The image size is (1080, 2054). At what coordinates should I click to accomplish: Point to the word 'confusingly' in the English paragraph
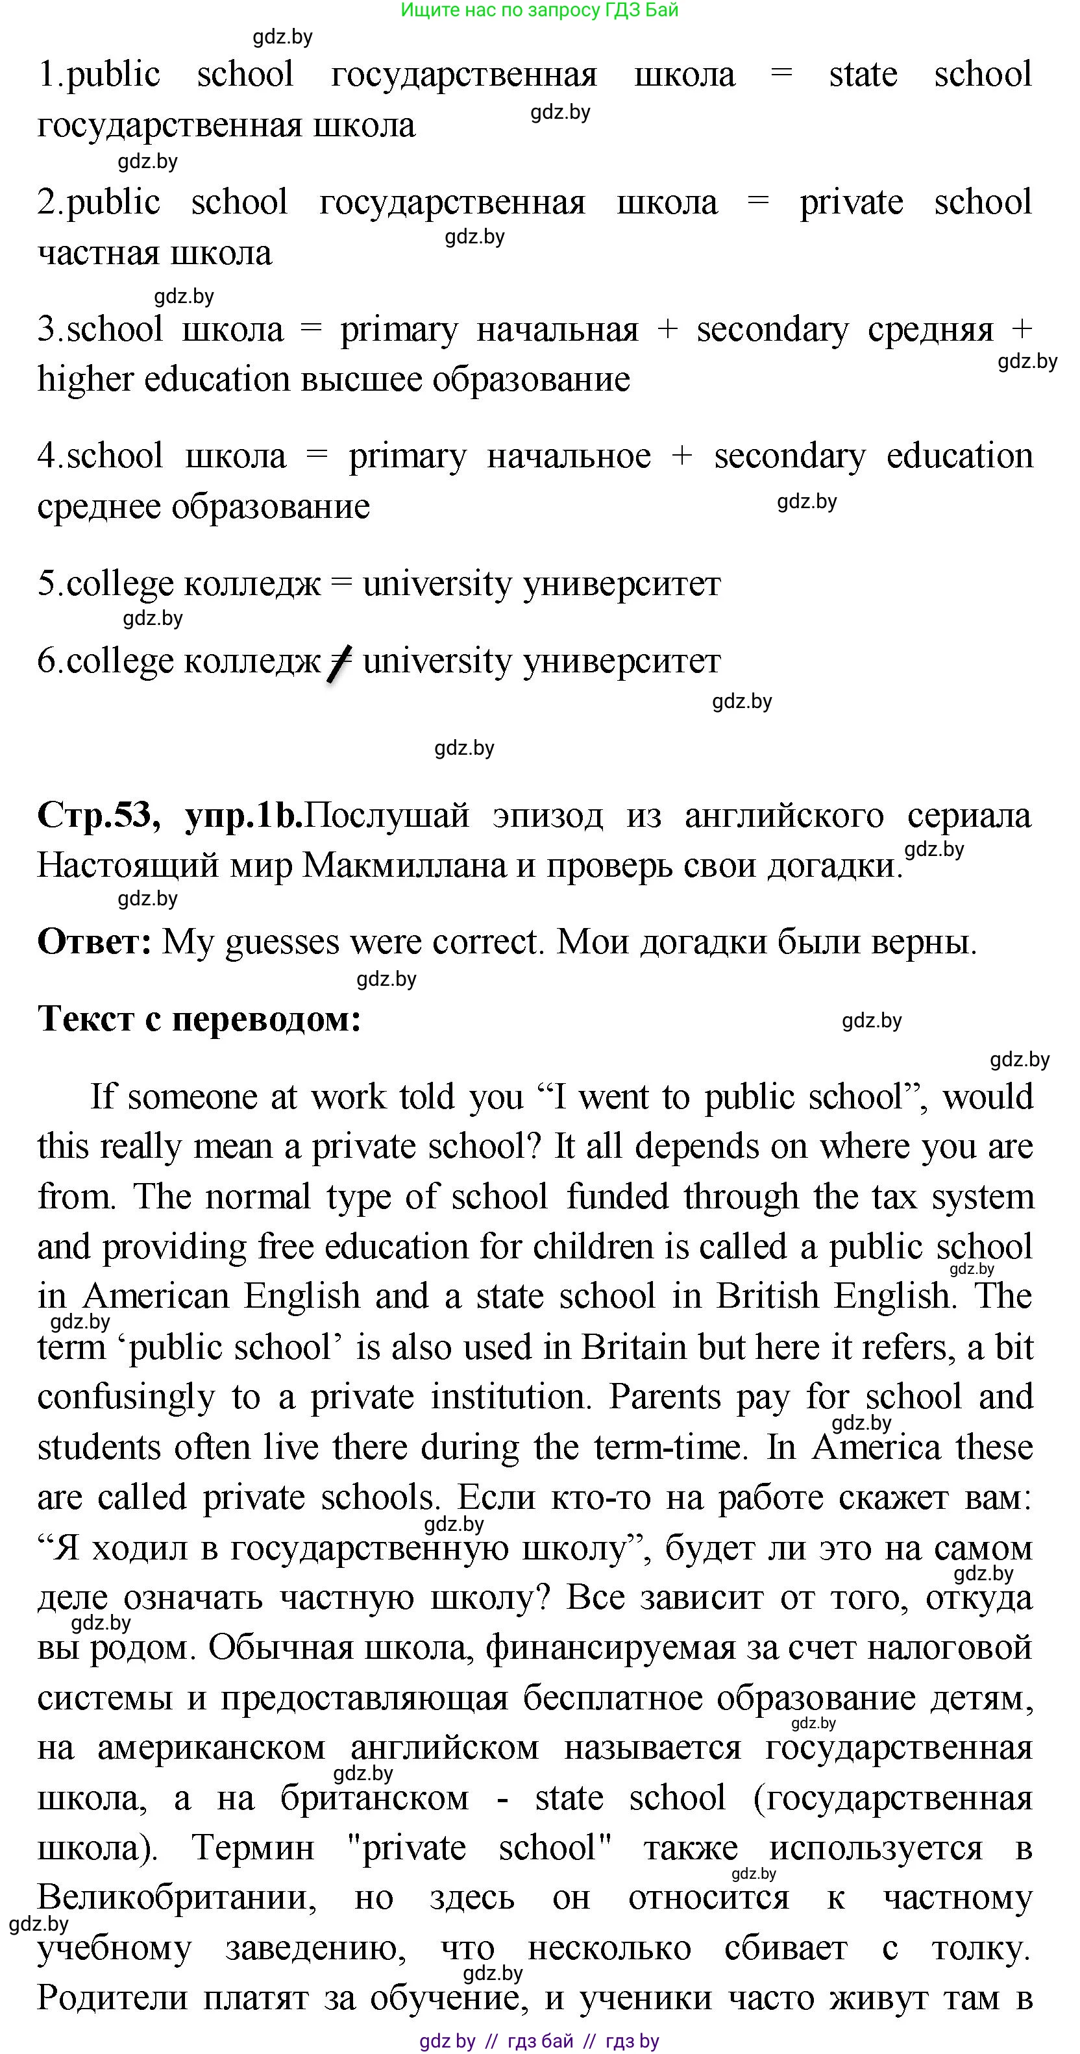[x=126, y=1397]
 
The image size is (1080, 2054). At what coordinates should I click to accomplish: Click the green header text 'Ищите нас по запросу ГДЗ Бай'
[x=539, y=10]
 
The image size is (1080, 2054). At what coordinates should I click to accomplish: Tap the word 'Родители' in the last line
[x=112, y=1998]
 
